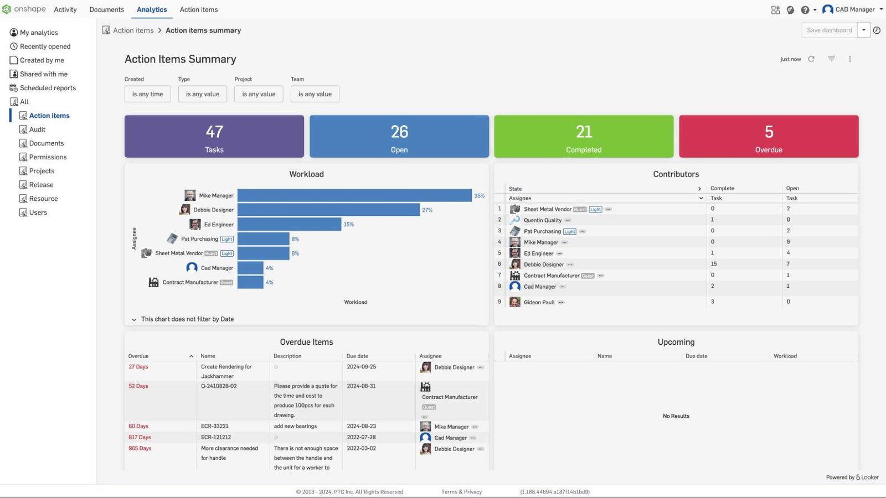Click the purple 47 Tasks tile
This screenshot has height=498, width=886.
coord(214,136)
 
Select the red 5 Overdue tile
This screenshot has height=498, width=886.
coord(769,136)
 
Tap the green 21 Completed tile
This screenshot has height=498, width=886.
coord(584,136)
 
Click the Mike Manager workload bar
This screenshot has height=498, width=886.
coord(354,195)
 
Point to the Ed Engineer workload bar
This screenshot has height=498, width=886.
coord(289,224)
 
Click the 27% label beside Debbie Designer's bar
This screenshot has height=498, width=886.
coord(427,210)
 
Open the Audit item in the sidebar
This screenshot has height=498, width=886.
coord(37,129)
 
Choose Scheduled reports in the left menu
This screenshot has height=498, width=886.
coord(48,88)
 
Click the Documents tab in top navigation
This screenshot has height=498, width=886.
coord(106,9)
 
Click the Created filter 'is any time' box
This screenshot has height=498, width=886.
coord(147,94)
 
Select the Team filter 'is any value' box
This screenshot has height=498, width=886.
coord(315,94)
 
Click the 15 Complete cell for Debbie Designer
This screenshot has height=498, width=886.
coord(714,264)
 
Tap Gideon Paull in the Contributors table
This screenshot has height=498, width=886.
coord(539,302)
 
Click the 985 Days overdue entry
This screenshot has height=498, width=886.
coord(140,448)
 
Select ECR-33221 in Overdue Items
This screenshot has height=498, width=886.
coord(214,426)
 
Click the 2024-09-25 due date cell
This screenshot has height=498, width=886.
coord(361,367)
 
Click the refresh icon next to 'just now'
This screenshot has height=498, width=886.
coord(811,59)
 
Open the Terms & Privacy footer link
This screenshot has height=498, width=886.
coord(461,492)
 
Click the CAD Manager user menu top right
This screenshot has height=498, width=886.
coord(853,9)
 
